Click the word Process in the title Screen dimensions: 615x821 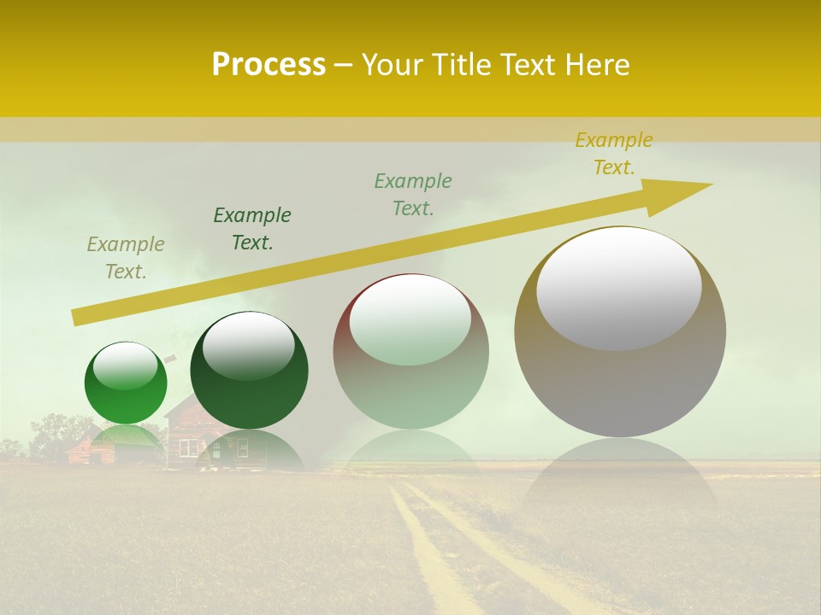[269, 65]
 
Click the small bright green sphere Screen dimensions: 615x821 [126, 383]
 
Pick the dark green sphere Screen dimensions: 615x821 [249, 371]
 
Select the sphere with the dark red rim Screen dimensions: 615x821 [410, 351]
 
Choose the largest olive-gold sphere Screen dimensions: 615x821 [620, 331]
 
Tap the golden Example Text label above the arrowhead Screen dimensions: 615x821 [614, 154]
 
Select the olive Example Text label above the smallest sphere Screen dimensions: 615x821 [126, 258]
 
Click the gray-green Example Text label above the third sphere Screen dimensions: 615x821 [413, 194]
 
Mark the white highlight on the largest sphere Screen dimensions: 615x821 [618, 287]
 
